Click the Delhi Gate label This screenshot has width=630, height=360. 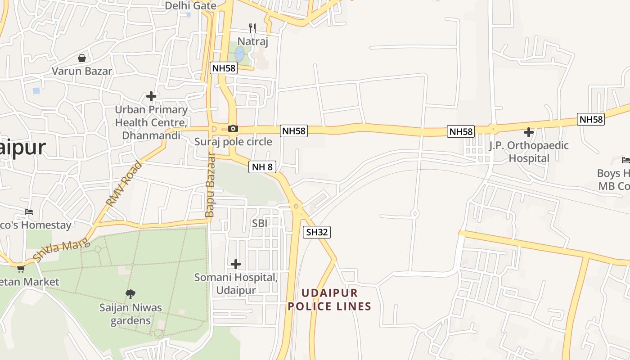(x=190, y=6)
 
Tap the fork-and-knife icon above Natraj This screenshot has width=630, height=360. (x=252, y=28)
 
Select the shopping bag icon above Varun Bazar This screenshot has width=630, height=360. (x=82, y=58)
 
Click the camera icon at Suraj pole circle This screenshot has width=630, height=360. (x=233, y=129)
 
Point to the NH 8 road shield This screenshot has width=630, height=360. (x=262, y=167)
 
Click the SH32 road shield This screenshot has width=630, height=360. (x=317, y=232)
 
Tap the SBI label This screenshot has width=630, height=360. (x=260, y=224)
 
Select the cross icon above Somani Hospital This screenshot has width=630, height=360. (x=235, y=264)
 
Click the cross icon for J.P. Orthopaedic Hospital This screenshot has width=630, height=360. (x=529, y=132)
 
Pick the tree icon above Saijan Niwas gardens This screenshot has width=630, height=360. (x=130, y=294)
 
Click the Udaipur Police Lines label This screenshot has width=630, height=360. (x=329, y=300)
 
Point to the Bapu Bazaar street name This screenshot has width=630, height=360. (x=210, y=184)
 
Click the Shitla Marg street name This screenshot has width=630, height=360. (x=59, y=251)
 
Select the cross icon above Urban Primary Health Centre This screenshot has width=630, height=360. (x=151, y=96)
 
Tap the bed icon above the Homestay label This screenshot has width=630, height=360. (x=29, y=211)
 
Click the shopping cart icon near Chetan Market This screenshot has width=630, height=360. (x=21, y=269)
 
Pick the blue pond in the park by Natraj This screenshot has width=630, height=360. (x=240, y=54)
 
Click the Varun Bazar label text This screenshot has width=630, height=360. (x=82, y=71)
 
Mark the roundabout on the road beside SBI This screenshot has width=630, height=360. (x=296, y=207)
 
